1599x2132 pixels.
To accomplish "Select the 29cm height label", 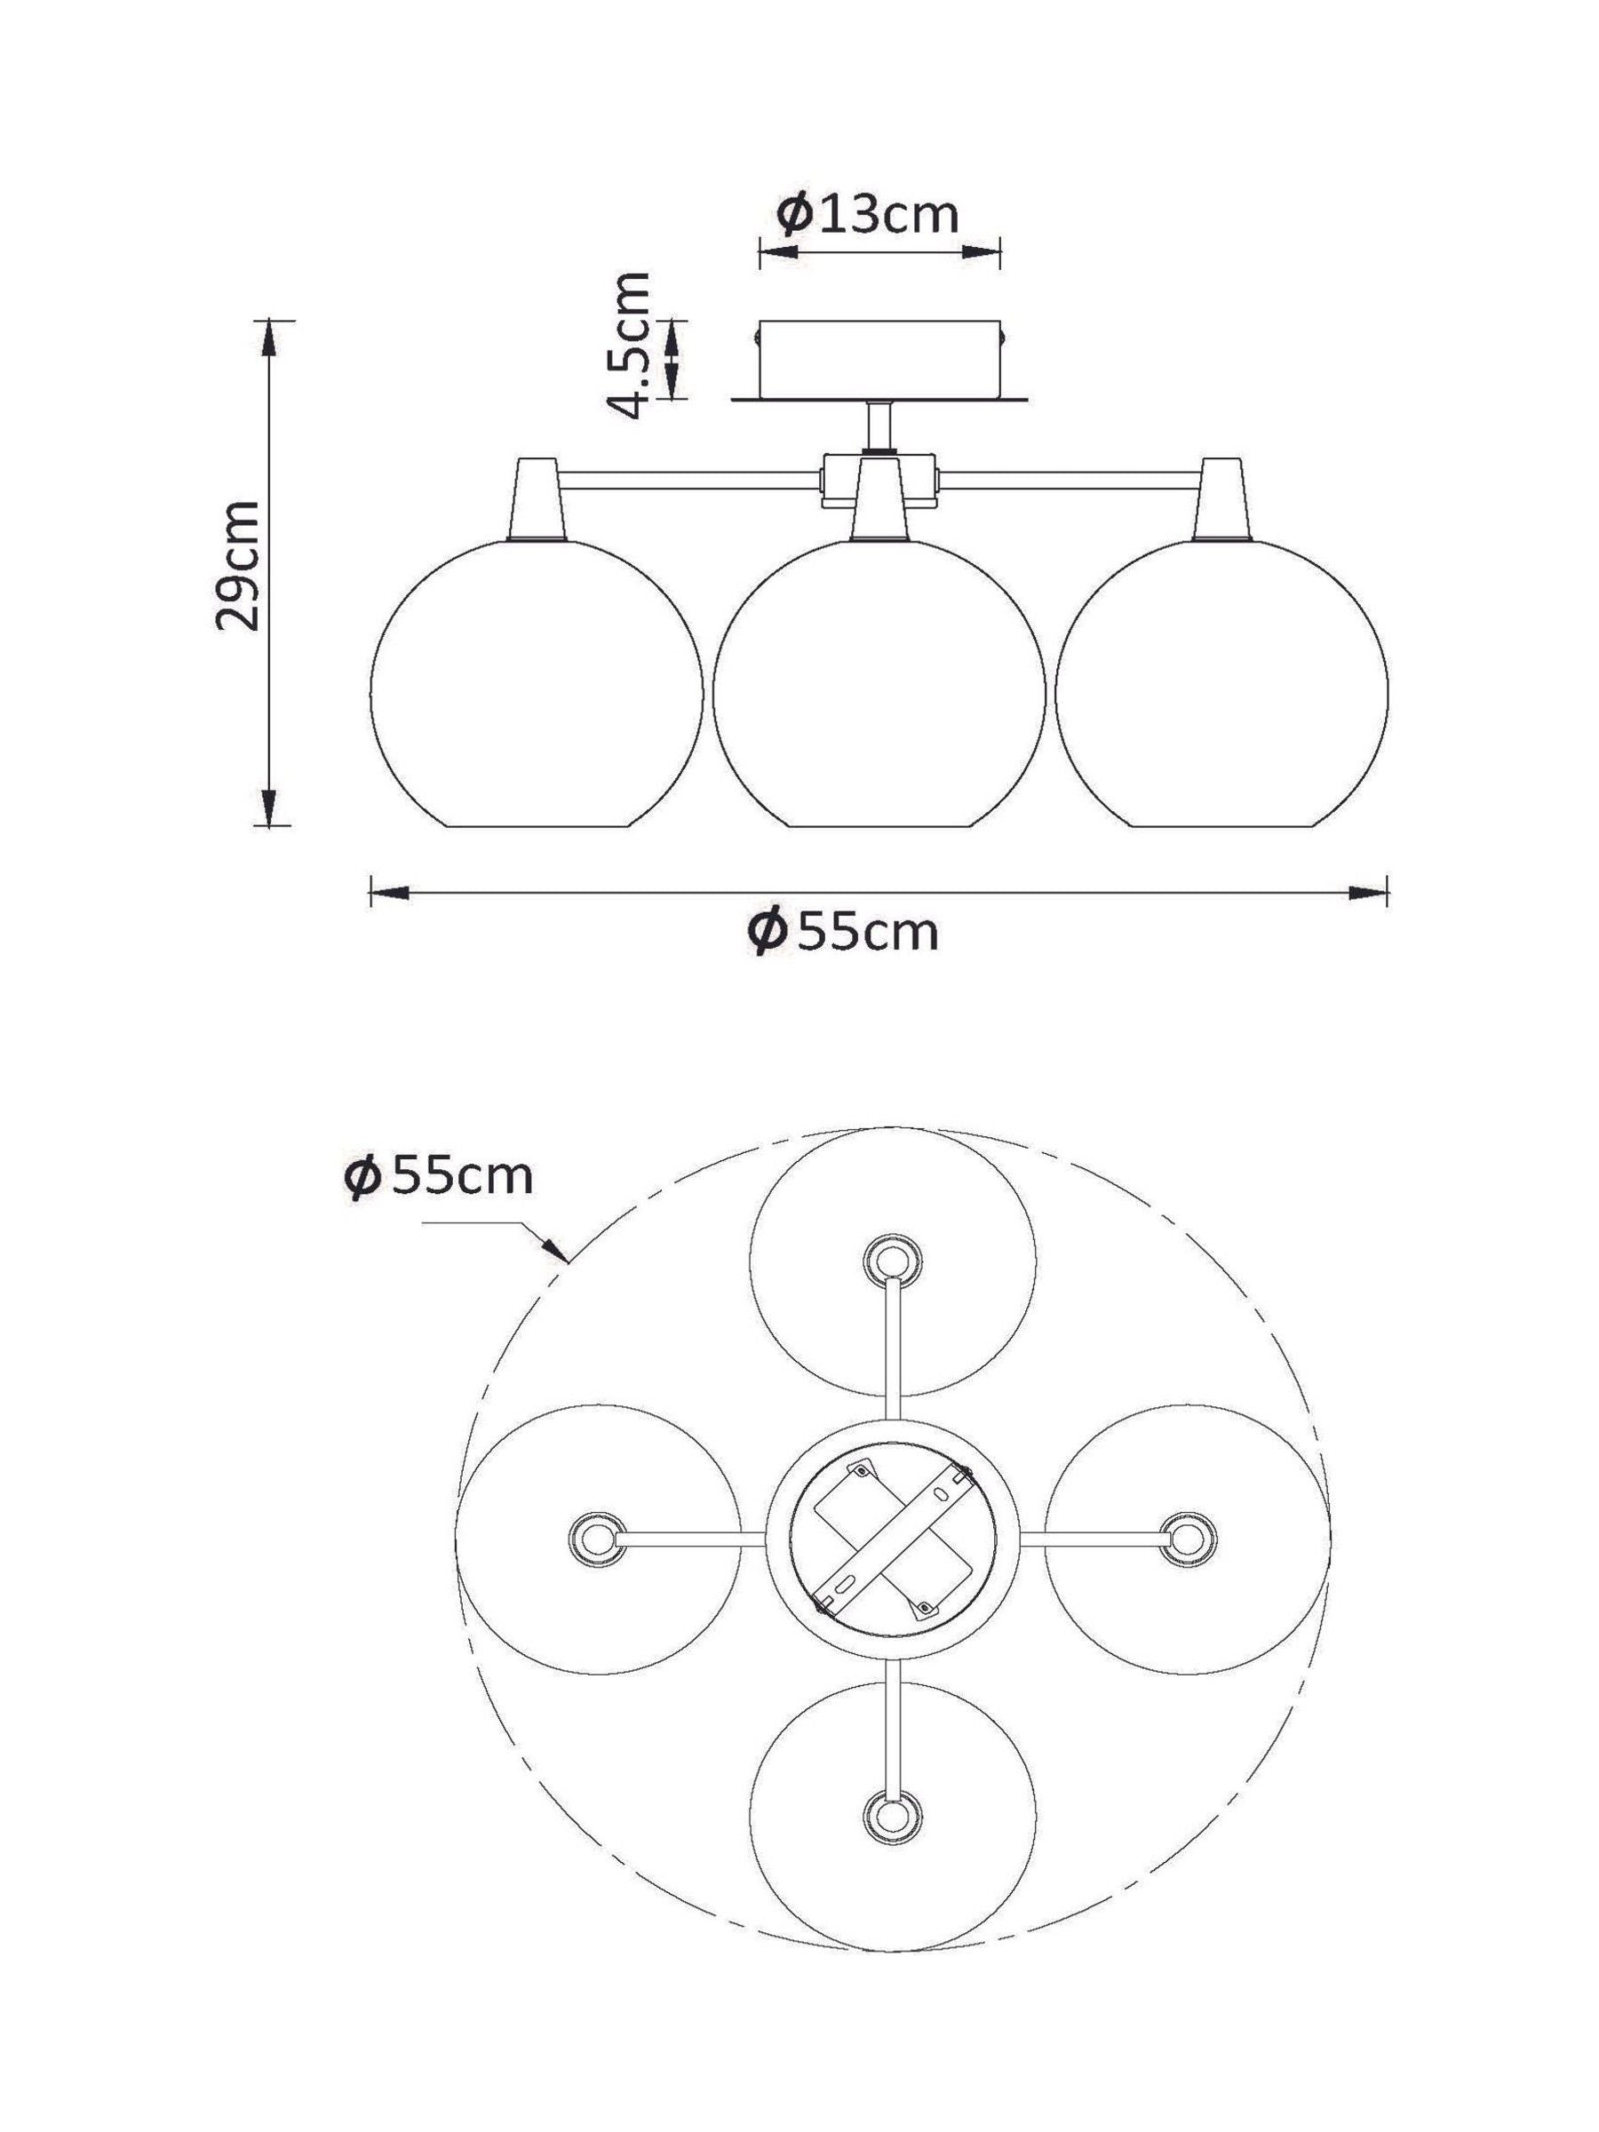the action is [237, 565].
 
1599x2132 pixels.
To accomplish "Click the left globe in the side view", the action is [537, 683].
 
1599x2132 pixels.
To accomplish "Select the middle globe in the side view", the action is [878, 683].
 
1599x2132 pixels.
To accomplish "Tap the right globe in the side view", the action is [1221, 683].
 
